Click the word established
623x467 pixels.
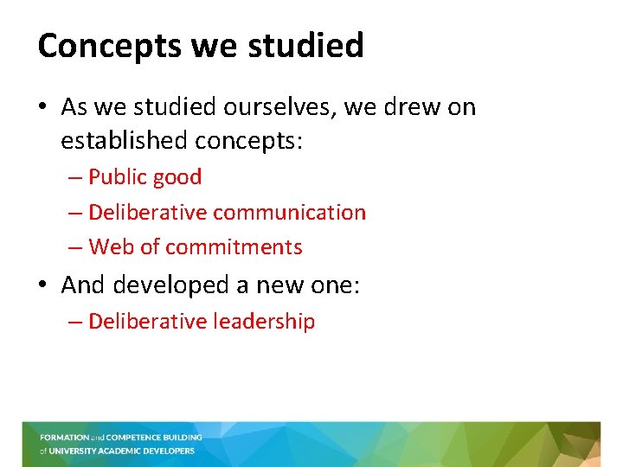point(125,139)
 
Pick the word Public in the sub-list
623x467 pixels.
point(117,177)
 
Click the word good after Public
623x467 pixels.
point(177,177)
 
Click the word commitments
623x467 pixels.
point(234,247)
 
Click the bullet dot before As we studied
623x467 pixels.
point(44,108)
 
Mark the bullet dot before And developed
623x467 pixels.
point(44,285)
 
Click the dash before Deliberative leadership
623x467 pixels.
point(75,322)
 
